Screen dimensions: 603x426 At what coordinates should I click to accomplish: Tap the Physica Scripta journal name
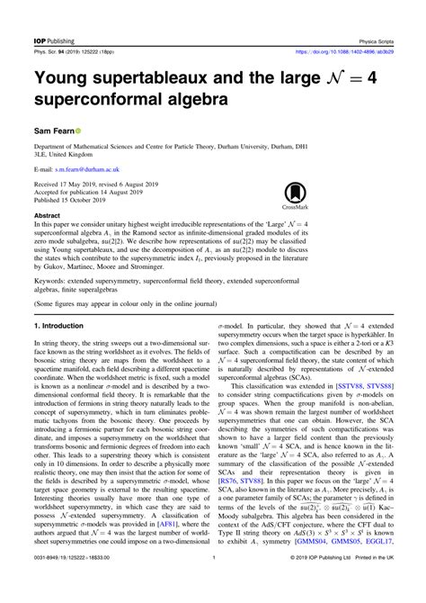coord(388,15)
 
